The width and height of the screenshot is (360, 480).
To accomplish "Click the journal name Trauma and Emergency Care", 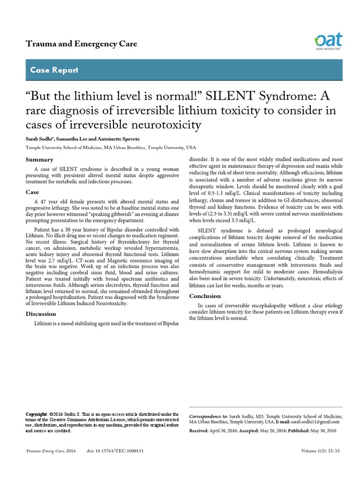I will click(81, 44).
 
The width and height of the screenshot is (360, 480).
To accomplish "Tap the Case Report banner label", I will click(54, 70).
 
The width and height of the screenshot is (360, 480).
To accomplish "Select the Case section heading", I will click(32, 192).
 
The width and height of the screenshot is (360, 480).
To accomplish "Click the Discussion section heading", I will click(40, 314).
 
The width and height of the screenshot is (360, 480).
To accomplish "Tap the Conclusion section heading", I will click(205, 296).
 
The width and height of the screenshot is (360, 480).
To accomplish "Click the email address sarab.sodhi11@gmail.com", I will click(310, 422).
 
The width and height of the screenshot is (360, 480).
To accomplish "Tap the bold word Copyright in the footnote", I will click(36, 414).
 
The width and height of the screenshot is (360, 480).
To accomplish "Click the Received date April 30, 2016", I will click(222, 430).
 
